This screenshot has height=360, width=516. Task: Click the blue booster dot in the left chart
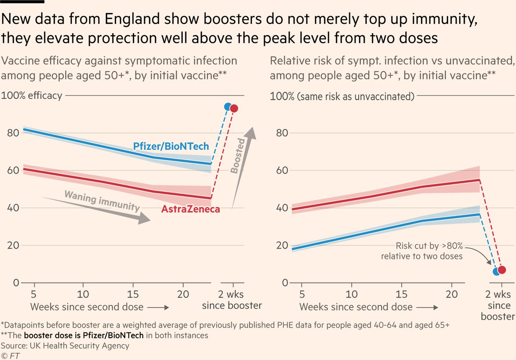click(228, 107)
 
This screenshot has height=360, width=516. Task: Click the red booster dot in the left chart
click(234, 108)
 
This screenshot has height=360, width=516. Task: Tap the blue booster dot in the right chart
click(497, 271)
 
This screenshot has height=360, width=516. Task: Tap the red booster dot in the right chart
click(502, 270)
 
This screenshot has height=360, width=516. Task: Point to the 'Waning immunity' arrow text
click(102, 201)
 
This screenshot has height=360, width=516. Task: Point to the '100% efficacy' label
click(32, 95)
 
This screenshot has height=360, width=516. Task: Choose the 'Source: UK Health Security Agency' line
click(65, 345)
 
